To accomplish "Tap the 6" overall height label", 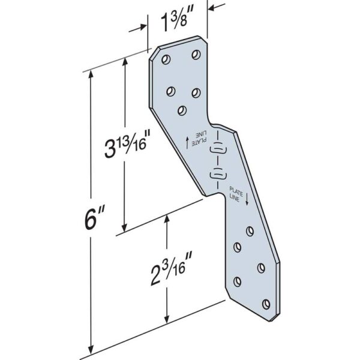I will point(91,220).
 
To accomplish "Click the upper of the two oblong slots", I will point(217,148).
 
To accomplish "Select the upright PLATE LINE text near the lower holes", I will point(237,195).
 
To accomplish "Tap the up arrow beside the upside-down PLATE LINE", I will point(187,142).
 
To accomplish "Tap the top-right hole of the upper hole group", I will point(196,55).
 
